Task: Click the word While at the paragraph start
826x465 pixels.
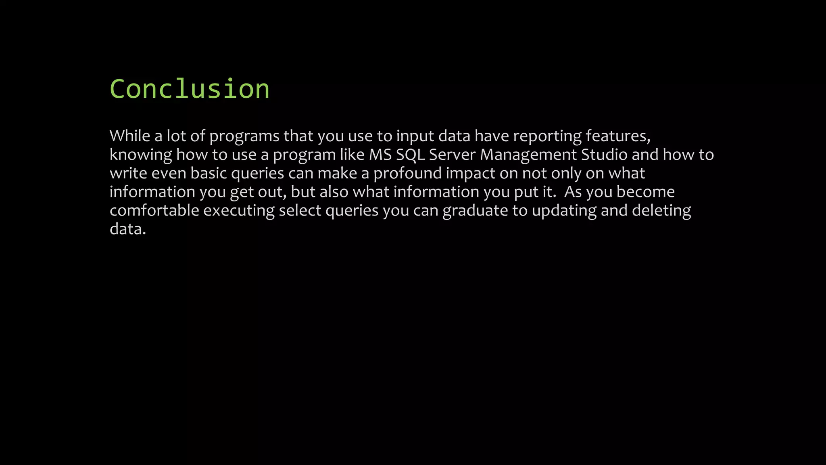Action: pyautogui.click(x=130, y=136)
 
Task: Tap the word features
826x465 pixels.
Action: pyautogui.click(x=617, y=136)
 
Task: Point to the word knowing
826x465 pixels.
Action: pyautogui.click(x=141, y=155)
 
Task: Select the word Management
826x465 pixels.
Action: pyautogui.click(x=528, y=155)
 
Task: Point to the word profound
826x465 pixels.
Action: pyautogui.click(x=407, y=174)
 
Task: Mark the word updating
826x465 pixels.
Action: pyautogui.click(x=564, y=211)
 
